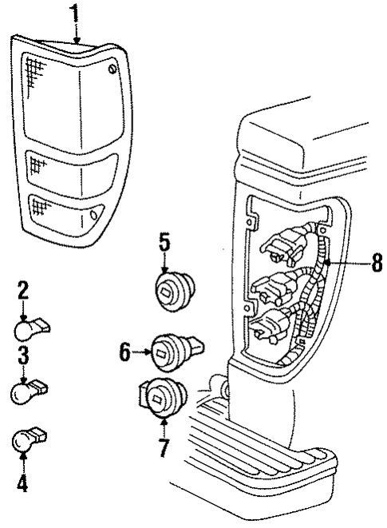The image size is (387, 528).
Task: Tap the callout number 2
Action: click(23, 290)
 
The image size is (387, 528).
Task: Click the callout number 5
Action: click(165, 240)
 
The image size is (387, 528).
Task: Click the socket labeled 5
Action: click(173, 290)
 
